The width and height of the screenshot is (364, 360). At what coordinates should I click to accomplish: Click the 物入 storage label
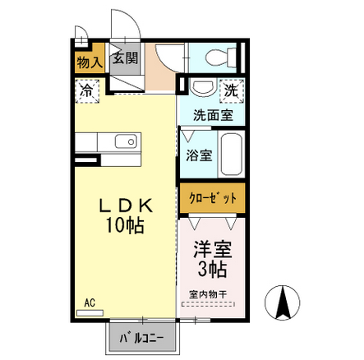pos(90,62)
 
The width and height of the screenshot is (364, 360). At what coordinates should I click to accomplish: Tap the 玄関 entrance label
pos(125,58)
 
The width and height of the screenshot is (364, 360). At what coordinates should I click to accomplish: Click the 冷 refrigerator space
pos(87,91)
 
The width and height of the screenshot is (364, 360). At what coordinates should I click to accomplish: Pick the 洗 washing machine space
pos(232,91)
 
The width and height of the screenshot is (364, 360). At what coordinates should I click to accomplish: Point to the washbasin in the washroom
pos(202,87)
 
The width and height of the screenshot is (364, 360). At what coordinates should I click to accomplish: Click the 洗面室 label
pos(213,115)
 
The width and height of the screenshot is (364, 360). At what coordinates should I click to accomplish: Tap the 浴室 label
pos(199,155)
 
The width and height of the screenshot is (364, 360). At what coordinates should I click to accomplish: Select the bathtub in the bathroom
pos(232,154)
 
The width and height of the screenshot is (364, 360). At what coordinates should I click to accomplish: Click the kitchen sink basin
pos(126,141)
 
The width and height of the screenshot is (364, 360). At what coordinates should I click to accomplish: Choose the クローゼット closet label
pos(213,198)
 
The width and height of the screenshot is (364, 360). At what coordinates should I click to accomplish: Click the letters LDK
pos(126,206)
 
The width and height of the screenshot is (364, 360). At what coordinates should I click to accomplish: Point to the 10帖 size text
pos(125,225)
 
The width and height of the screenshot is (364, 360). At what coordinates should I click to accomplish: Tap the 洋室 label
pos(213,249)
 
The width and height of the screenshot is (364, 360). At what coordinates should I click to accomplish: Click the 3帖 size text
pos(212,270)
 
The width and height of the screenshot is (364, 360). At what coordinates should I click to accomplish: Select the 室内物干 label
pos(208,294)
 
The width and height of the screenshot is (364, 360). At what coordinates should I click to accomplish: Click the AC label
pos(90,302)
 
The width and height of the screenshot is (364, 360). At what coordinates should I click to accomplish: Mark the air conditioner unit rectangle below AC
pos(90,313)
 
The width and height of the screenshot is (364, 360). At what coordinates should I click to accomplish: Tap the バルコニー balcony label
pos(142,339)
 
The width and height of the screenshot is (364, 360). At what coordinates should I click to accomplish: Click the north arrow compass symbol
pos(282,302)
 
